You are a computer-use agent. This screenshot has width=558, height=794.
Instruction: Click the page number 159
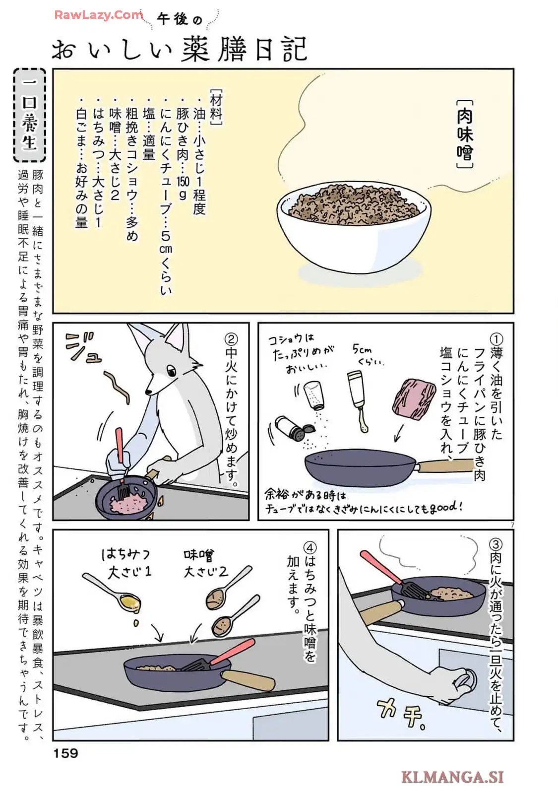click(65, 753)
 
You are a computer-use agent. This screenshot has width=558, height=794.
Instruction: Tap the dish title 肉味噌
click(465, 134)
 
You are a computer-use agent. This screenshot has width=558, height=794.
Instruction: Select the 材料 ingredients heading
click(216, 106)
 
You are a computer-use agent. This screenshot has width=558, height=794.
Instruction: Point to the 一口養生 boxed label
click(30, 115)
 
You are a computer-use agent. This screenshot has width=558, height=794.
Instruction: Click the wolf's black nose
click(148, 392)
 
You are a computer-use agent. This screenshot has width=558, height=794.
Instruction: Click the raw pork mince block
click(414, 398)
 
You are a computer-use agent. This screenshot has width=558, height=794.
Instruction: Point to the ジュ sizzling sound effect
click(84, 348)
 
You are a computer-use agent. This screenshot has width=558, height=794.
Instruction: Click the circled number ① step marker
click(496, 339)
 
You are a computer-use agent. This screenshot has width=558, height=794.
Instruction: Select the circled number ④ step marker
click(310, 547)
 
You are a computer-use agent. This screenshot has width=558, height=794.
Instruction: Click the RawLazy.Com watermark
click(99, 15)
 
